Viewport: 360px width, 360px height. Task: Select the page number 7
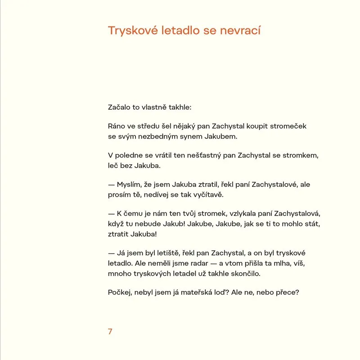coord(110,332)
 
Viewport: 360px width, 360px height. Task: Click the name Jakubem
coord(222,136)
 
